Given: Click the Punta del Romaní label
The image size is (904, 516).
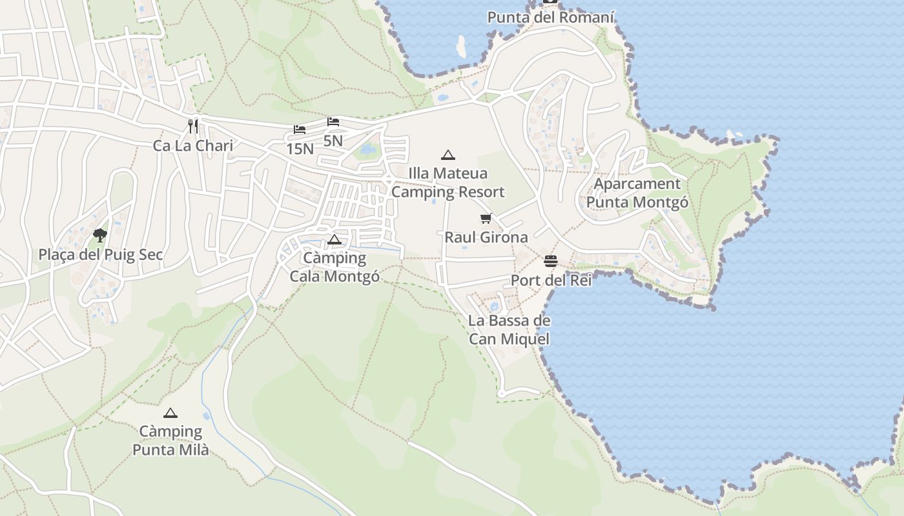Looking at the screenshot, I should tap(550, 17).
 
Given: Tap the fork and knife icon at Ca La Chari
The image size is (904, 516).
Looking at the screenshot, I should tap(192, 125).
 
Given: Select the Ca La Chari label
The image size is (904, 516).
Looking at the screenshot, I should tap(192, 146).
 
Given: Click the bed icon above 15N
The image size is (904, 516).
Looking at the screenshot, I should tap(300, 130).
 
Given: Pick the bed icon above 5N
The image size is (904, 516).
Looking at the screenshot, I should tap(333, 121).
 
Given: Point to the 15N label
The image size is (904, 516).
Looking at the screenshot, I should tap(300, 149).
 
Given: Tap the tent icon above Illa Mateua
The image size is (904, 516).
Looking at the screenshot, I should tap(447, 155).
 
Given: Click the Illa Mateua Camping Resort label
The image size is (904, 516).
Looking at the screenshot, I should tap(447, 183).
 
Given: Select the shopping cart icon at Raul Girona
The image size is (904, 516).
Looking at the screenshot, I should tap(486, 219).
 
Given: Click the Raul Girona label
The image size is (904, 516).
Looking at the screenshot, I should tap(486, 237).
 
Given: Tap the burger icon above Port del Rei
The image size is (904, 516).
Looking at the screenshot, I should tap(551, 261).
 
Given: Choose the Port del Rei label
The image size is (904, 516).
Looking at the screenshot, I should tap(551, 281).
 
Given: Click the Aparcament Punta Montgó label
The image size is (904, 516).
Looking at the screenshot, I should tap(637, 193).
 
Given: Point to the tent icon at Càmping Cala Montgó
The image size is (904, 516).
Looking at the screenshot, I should tap(334, 240).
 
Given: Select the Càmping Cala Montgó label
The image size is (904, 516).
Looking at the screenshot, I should tap(334, 267).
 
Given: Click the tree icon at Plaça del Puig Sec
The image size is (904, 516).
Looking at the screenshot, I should tap(99, 235).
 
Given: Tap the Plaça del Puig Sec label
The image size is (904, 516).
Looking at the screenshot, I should tap(101, 255).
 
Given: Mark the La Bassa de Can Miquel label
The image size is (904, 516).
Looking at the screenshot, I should tap(509, 330).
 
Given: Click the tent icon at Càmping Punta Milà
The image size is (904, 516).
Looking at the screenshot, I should tap(170, 413).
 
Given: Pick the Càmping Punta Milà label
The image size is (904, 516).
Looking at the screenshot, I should tap(170, 441).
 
